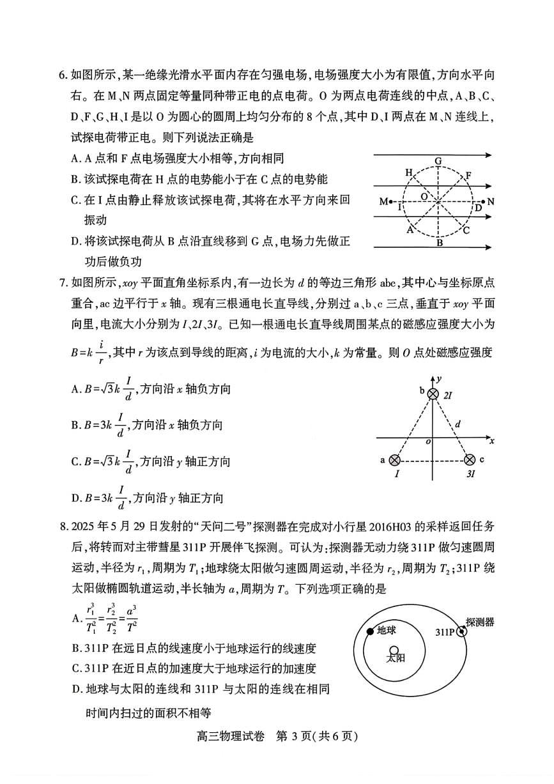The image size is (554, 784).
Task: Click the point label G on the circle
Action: pos(438,160)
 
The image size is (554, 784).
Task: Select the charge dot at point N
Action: pos(483,202)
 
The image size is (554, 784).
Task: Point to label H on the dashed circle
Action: pos(409,173)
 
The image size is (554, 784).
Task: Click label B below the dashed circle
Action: pos(440,243)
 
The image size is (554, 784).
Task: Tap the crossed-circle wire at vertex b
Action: pos(433,394)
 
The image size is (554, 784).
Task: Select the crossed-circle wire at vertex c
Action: pos(470,459)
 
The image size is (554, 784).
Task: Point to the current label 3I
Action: pos(471,475)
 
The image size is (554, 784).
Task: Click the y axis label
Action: pos(440,380)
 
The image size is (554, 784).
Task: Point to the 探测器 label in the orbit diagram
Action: pos(481,622)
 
